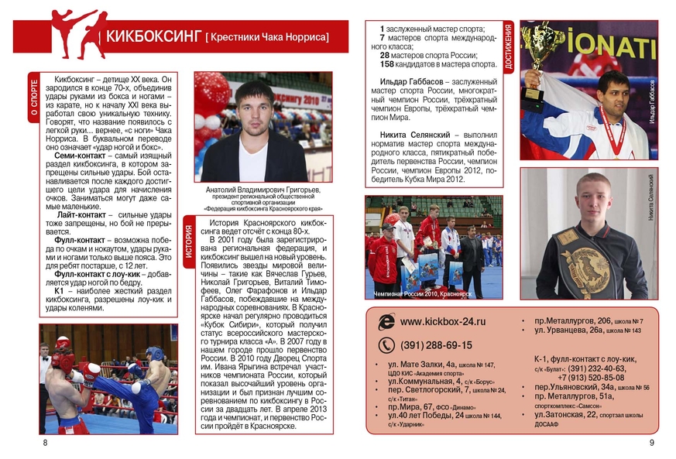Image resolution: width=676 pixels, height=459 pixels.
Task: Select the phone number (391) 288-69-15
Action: click(436, 345)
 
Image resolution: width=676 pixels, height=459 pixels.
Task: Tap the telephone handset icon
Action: click(386, 345)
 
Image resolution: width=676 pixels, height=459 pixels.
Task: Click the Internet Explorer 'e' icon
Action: click(386, 321)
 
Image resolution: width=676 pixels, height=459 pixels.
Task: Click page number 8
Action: click(45, 443)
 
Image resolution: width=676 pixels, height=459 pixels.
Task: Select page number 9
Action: click(651, 443)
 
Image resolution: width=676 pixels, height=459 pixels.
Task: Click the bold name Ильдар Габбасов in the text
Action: click(417, 82)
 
